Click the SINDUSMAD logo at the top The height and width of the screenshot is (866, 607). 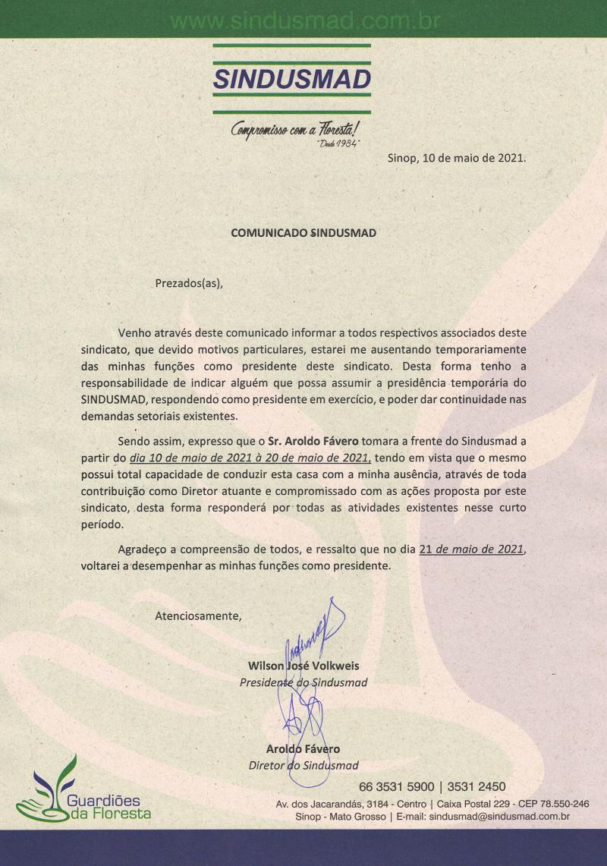292,78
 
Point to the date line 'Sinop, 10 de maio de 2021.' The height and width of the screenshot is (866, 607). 457,159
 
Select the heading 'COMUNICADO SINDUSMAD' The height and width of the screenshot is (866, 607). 303,233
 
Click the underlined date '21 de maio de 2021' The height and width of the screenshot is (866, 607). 476,550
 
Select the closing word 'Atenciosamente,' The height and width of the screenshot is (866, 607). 198,616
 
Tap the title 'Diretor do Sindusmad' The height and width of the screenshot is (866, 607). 303,765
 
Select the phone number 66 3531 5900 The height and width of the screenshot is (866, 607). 397,786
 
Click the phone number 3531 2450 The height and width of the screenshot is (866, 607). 476,786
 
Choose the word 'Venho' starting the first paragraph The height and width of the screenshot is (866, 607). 134,332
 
